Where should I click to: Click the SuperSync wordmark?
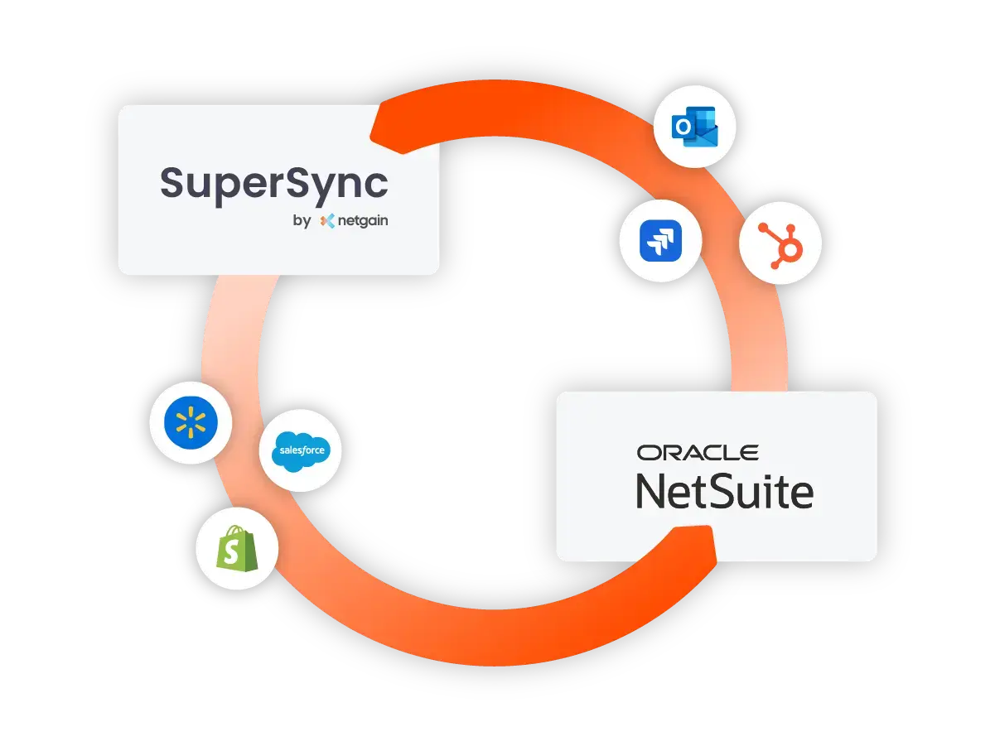click(273, 183)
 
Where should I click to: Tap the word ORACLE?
click(698, 453)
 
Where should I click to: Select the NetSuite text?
click(724, 491)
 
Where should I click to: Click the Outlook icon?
click(694, 127)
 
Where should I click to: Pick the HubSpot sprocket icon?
click(780, 243)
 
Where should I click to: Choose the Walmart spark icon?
click(191, 423)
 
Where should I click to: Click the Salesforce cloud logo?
click(301, 450)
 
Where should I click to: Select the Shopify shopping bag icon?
click(237, 547)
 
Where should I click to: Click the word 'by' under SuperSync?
click(302, 221)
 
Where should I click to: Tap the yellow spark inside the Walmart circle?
click(191, 423)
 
